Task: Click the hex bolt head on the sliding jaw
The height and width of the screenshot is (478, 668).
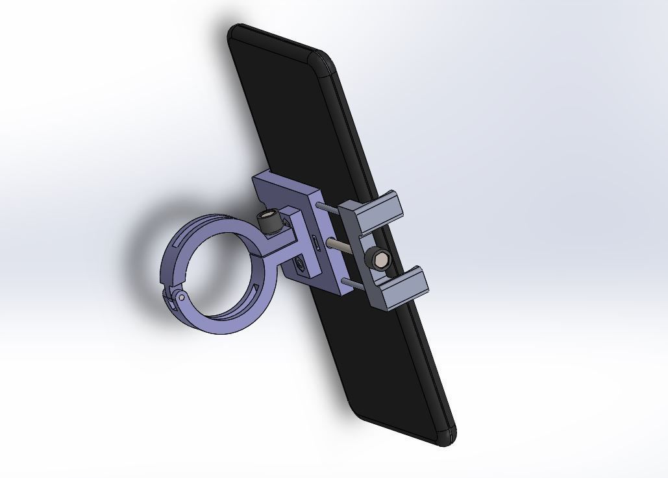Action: (378, 259)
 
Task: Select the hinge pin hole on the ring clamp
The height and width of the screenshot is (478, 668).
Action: (182, 297)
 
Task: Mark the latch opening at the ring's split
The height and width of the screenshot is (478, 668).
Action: (171, 300)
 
